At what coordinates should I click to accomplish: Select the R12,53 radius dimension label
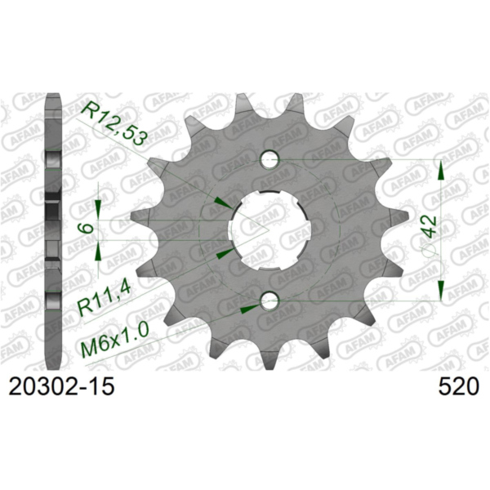click(x=115, y=122)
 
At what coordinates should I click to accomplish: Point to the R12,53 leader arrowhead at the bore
click(x=221, y=202)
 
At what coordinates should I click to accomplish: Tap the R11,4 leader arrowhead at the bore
click(x=223, y=252)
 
